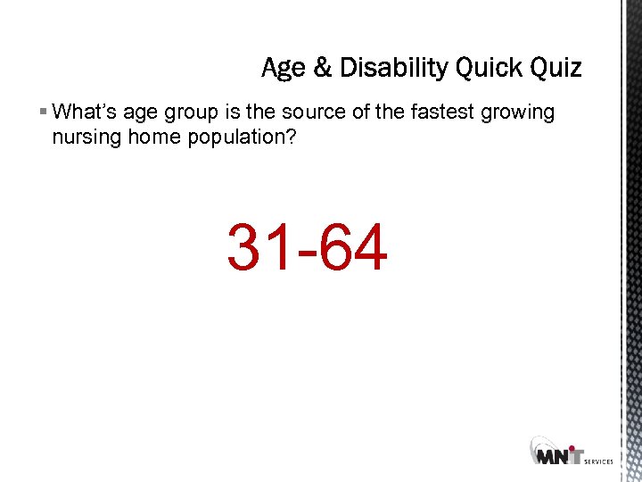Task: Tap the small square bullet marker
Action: click(x=44, y=112)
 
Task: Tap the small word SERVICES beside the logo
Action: click(x=597, y=461)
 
